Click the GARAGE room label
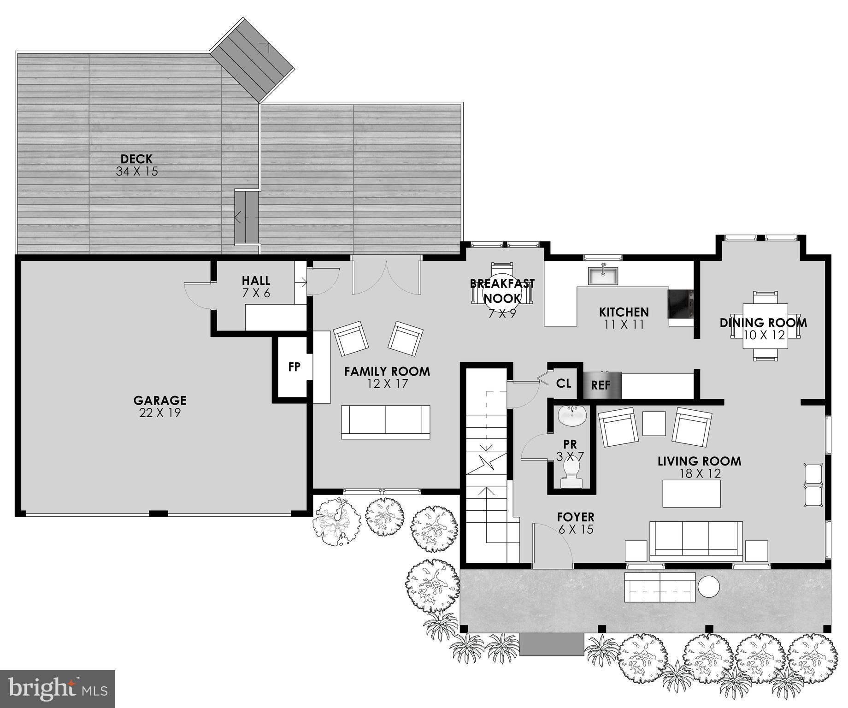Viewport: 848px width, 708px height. (x=160, y=400)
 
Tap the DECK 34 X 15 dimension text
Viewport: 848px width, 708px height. (x=137, y=171)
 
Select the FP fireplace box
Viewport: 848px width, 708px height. (x=294, y=367)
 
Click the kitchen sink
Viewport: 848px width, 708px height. (x=602, y=276)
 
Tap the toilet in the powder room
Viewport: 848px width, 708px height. (x=571, y=475)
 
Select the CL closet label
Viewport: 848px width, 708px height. (x=563, y=383)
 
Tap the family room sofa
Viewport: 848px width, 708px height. (x=385, y=421)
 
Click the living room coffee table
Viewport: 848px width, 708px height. (x=691, y=493)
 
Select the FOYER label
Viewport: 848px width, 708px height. (x=575, y=517)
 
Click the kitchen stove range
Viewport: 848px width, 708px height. (x=680, y=303)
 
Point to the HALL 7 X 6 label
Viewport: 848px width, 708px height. (x=256, y=286)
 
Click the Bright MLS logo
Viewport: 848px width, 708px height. (x=57, y=689)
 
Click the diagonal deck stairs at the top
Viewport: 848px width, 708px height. (x=253, y=60)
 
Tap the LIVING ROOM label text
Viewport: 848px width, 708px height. (x=699, y=461)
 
